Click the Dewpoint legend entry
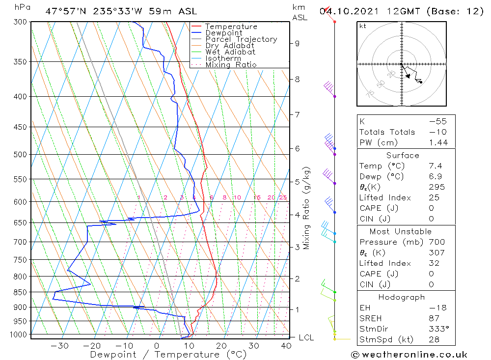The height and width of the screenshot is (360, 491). [223, 33]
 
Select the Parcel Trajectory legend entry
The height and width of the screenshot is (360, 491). [241, 39]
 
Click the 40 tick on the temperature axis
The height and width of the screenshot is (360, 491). [286, 346]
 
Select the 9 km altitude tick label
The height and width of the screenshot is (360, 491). [297, 43]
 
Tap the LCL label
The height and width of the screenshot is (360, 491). [306, 337]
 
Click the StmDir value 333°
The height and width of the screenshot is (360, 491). [436, 329]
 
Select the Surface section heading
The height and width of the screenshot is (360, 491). [403, 155]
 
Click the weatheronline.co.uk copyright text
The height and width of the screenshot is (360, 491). [409, 355]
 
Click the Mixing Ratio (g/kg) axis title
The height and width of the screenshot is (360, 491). [307, 208]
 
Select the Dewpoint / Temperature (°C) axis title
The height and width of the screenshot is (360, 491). [168, 355]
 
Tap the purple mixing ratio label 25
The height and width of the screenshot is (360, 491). [283, 197]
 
